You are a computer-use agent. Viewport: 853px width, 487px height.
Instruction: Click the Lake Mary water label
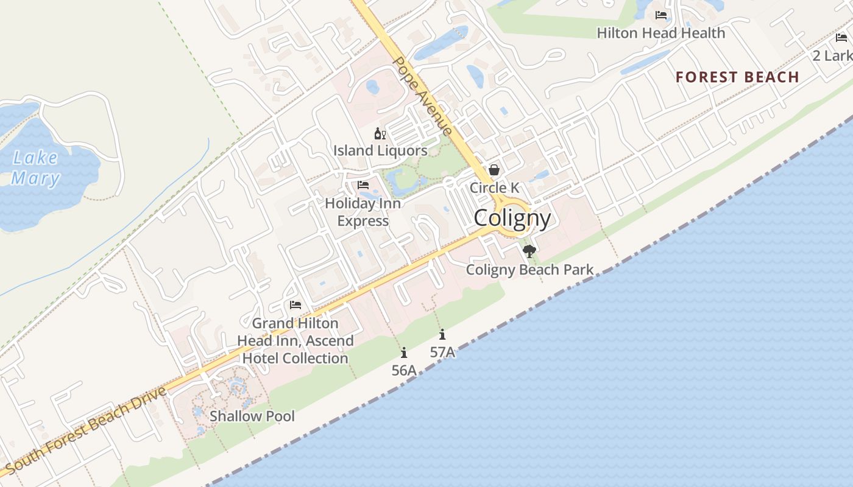pyautogui.click(x=36, y=168)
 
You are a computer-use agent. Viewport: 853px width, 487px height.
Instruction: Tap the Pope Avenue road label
pyautogui.click(x=423, y=96)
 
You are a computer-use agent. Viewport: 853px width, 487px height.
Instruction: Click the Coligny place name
pyautogui.click(x=512, y=218)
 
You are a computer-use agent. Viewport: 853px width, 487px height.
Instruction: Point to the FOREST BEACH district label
pyautogui.click(x=737, y=77)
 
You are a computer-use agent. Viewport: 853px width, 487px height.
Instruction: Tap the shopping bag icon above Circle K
pyautogui.click(x=494, y=170)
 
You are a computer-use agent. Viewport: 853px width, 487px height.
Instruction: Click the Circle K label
pyautogui.click(x=494, y=187)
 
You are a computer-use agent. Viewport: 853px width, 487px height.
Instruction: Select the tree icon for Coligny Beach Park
pyautogui.click(x=529, y=251)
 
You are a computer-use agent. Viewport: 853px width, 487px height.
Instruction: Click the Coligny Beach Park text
pyautogui.click(x=529, y=269)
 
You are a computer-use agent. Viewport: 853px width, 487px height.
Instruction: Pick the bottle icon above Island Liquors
pyautogui.click(x=380, y=133)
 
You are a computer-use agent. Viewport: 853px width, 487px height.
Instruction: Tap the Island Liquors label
pyautogui.click(x=380, y=150)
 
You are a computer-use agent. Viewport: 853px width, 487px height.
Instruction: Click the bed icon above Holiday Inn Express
pyautogui.click(x=363, y=184)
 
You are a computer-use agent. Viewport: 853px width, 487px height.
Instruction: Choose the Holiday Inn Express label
pyautogui.click(x=363, y=212)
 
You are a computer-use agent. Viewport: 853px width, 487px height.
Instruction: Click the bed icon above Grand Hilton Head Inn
pyautogui.click(x=296, y=305)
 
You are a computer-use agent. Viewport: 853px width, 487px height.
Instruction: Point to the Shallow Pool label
pyautogui.click(x=252, y=416)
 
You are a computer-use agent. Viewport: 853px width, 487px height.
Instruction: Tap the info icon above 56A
pyautogui.click(x=404, y=352)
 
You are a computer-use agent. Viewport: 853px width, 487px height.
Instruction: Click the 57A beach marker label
pyautogui.click(x=442, y=352)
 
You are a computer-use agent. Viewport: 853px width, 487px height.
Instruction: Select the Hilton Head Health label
pyautogui.click(x=661, y=33)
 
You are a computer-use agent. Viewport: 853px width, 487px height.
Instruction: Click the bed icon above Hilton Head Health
pyautogui.click(x=661, y=15)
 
